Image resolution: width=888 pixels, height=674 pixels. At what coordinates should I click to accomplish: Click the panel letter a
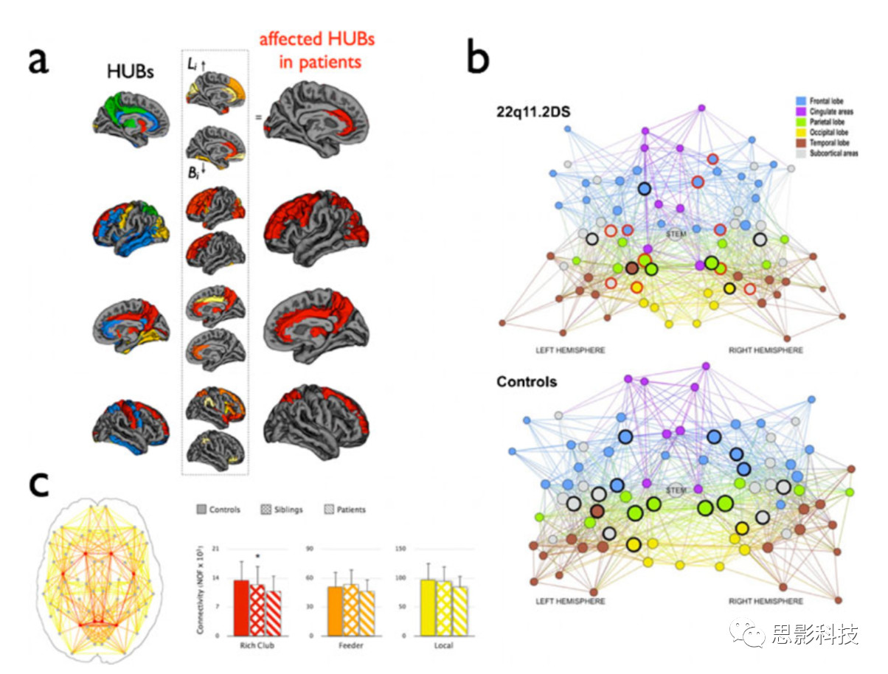(x=38, y=58)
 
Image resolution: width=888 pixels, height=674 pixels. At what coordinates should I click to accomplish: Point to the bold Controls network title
(x=527, y=382)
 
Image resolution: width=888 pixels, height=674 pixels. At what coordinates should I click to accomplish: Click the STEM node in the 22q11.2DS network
(x=676, y=234)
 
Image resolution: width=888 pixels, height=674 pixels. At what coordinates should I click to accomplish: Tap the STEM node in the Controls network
(x=676, y=490)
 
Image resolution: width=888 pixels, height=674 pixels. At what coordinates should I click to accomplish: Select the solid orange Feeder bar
(x=336, y=611)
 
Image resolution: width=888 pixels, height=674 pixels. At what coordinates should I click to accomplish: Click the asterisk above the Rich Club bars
(x=257, y=557)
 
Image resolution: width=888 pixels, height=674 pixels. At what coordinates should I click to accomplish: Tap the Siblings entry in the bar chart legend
(x=282, y=510)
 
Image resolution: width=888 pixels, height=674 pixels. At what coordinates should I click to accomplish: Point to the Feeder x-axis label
(x=350, y=647)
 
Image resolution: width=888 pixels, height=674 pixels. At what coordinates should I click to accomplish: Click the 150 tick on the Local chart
(x=401, y=549)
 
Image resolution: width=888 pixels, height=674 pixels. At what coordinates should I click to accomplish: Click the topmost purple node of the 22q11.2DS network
(x=701, y=108)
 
